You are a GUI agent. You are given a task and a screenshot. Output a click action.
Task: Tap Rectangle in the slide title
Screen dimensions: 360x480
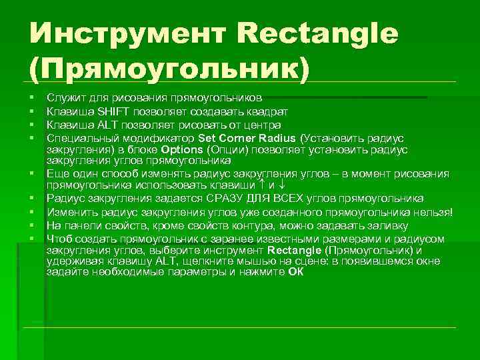click(x=317, y=33)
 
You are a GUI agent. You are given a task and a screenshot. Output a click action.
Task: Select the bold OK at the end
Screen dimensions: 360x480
click(x=295, y=272)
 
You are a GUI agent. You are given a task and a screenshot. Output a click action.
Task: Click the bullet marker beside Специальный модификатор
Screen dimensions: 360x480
click(x=31, y=138)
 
